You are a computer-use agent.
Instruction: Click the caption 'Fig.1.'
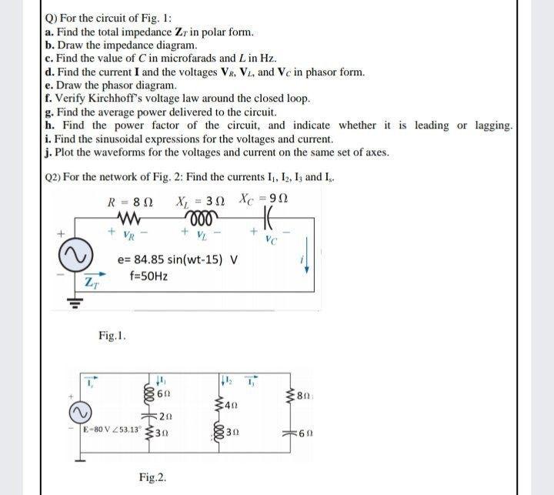tap(113, 335)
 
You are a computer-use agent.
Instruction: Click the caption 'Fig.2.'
tap(153, 478)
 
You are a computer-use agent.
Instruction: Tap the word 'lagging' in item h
tap(489, 125)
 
